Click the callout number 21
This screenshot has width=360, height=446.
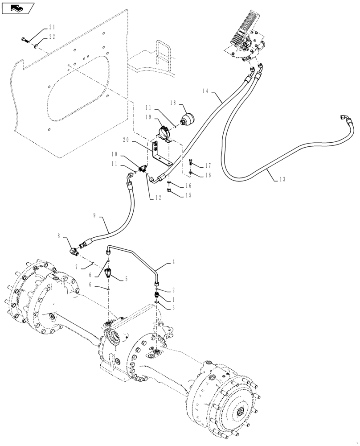52,27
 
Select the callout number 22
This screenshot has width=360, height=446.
52,37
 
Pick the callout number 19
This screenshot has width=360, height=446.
148,117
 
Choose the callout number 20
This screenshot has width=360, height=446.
126,140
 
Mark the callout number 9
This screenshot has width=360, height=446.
94,215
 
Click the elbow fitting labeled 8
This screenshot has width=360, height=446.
74,248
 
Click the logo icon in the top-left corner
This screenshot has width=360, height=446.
18,8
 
